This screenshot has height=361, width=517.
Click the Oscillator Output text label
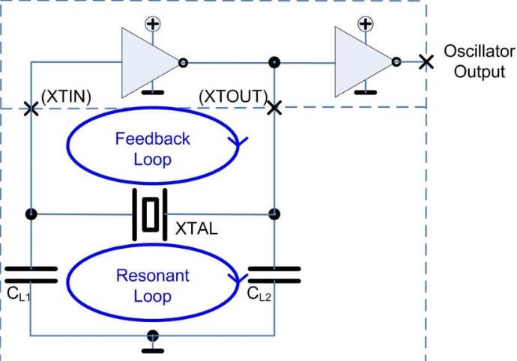tap(479, 62)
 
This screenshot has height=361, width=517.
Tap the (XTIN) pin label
tap(66, 97)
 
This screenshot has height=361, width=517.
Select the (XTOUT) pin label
tap(234, 97)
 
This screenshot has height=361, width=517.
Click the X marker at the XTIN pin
tap(31, 109)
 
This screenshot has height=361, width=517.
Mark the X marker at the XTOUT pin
tap(274, 107)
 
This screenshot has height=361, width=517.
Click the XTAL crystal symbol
tap(151, 214)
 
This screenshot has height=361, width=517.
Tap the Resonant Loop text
tap(153, 285)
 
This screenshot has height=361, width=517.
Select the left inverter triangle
tap(147, 61)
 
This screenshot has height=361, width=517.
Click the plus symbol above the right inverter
tap(366, 23)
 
